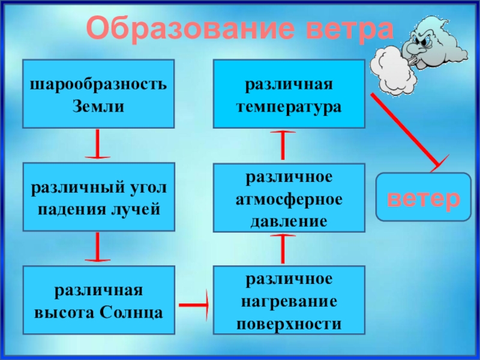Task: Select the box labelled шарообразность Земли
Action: (98, 94)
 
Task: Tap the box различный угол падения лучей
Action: (98, 197)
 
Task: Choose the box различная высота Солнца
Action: (98, 300)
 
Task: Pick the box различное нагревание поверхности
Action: (289, 300)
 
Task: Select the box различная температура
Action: (289, 94)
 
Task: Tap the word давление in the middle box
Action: (289, 220)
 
